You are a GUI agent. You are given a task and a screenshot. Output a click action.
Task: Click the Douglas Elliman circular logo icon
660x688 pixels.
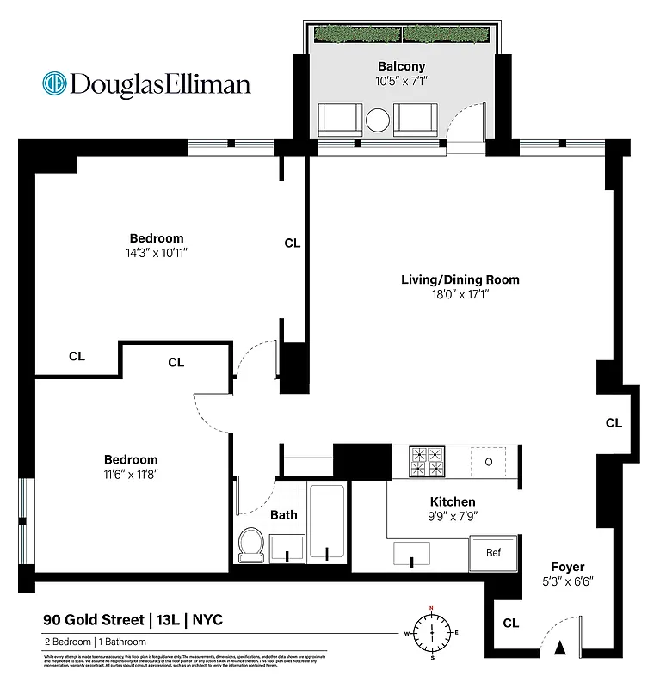pos(55,83)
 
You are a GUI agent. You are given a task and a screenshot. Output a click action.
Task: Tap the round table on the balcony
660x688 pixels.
pos(379,120)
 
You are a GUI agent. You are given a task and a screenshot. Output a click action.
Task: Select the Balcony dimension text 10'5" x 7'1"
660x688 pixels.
pos(401,83)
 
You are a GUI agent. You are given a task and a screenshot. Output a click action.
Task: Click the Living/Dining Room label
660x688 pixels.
pos(460,279)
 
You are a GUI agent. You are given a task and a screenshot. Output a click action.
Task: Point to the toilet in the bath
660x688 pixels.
pos(251,544)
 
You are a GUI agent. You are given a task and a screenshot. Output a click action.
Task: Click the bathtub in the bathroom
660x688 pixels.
pos(326,522)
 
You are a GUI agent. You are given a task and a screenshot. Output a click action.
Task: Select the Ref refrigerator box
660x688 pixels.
pos(493,553)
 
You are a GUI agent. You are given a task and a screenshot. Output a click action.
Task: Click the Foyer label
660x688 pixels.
pos(568,567)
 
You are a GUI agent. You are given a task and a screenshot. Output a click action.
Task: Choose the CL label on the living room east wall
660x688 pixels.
pos(614,423)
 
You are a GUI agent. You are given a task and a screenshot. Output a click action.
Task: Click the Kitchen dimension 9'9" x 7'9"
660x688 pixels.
pos(453,517)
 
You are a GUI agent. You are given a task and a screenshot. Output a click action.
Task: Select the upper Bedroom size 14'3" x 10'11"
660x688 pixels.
pos(156,254)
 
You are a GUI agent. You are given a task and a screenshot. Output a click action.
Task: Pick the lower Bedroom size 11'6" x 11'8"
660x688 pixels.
pos(131,474)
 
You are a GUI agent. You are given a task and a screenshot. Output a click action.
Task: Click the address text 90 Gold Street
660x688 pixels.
pos(94,619)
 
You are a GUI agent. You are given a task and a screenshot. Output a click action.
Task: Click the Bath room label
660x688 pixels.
pos(284,515)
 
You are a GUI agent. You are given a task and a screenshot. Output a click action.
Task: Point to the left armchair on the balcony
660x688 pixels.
pos(341,120)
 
